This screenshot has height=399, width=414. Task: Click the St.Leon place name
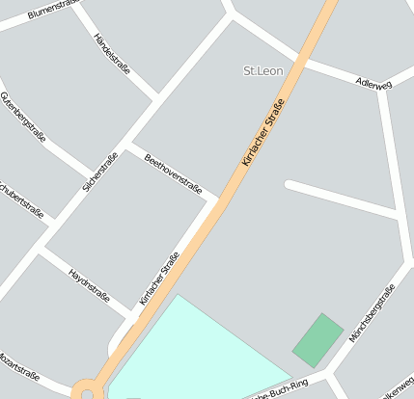click(262, 70)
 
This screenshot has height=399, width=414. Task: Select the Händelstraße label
click(112, 53)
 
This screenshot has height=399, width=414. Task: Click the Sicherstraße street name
click(100, 172)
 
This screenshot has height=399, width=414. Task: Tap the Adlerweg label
click(373, 85)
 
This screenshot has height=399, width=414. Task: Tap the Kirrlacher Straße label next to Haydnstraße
click(159, 278)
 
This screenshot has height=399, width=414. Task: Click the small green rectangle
click(317, 339)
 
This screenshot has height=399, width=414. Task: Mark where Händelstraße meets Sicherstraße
click(157, 99)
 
